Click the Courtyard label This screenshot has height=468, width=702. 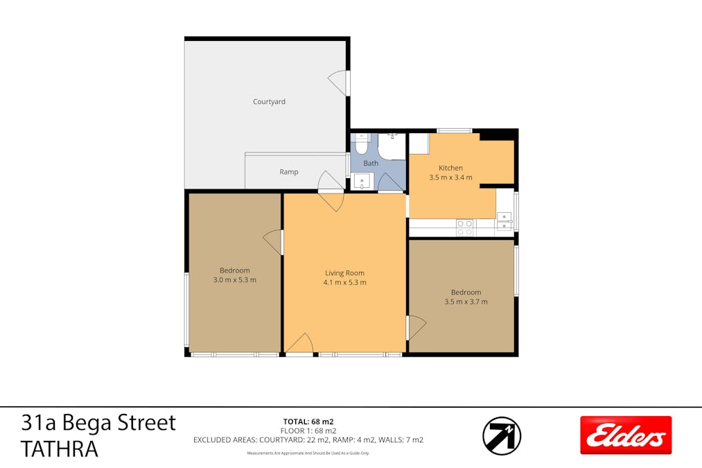click(x=269, y=102)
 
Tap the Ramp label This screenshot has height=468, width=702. click(x=289, y=172)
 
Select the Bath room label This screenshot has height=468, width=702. click(x=371, y=163)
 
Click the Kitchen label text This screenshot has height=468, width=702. click(x=450, y=168)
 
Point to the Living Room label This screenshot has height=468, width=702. click(x=344, y=272)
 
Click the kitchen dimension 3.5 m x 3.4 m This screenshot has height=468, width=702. click(x=450, y=177)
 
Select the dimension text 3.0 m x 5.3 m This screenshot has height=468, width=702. click(x=235, y=280)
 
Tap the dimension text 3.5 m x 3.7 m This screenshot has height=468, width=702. click(x=466, y=302)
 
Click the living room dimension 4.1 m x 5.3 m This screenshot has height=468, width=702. click(x=344, y=283)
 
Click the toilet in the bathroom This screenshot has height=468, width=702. click(x=361, y=145)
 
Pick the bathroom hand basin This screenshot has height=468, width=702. click(x=362, y=182)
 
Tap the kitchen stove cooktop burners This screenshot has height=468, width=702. click(x=464, y=227)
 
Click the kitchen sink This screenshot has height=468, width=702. click(x=504, y=220)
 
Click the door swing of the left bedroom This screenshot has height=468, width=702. click(x=272, y=242)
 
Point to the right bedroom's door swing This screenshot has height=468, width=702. click(x=416, y=327)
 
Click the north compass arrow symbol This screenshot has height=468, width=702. click(x=502, y=435)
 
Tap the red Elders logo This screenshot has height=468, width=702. click(x=626, y=435)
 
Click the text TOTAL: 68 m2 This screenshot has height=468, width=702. click(x=308, y=422)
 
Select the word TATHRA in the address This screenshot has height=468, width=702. click(x=59, y=449)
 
